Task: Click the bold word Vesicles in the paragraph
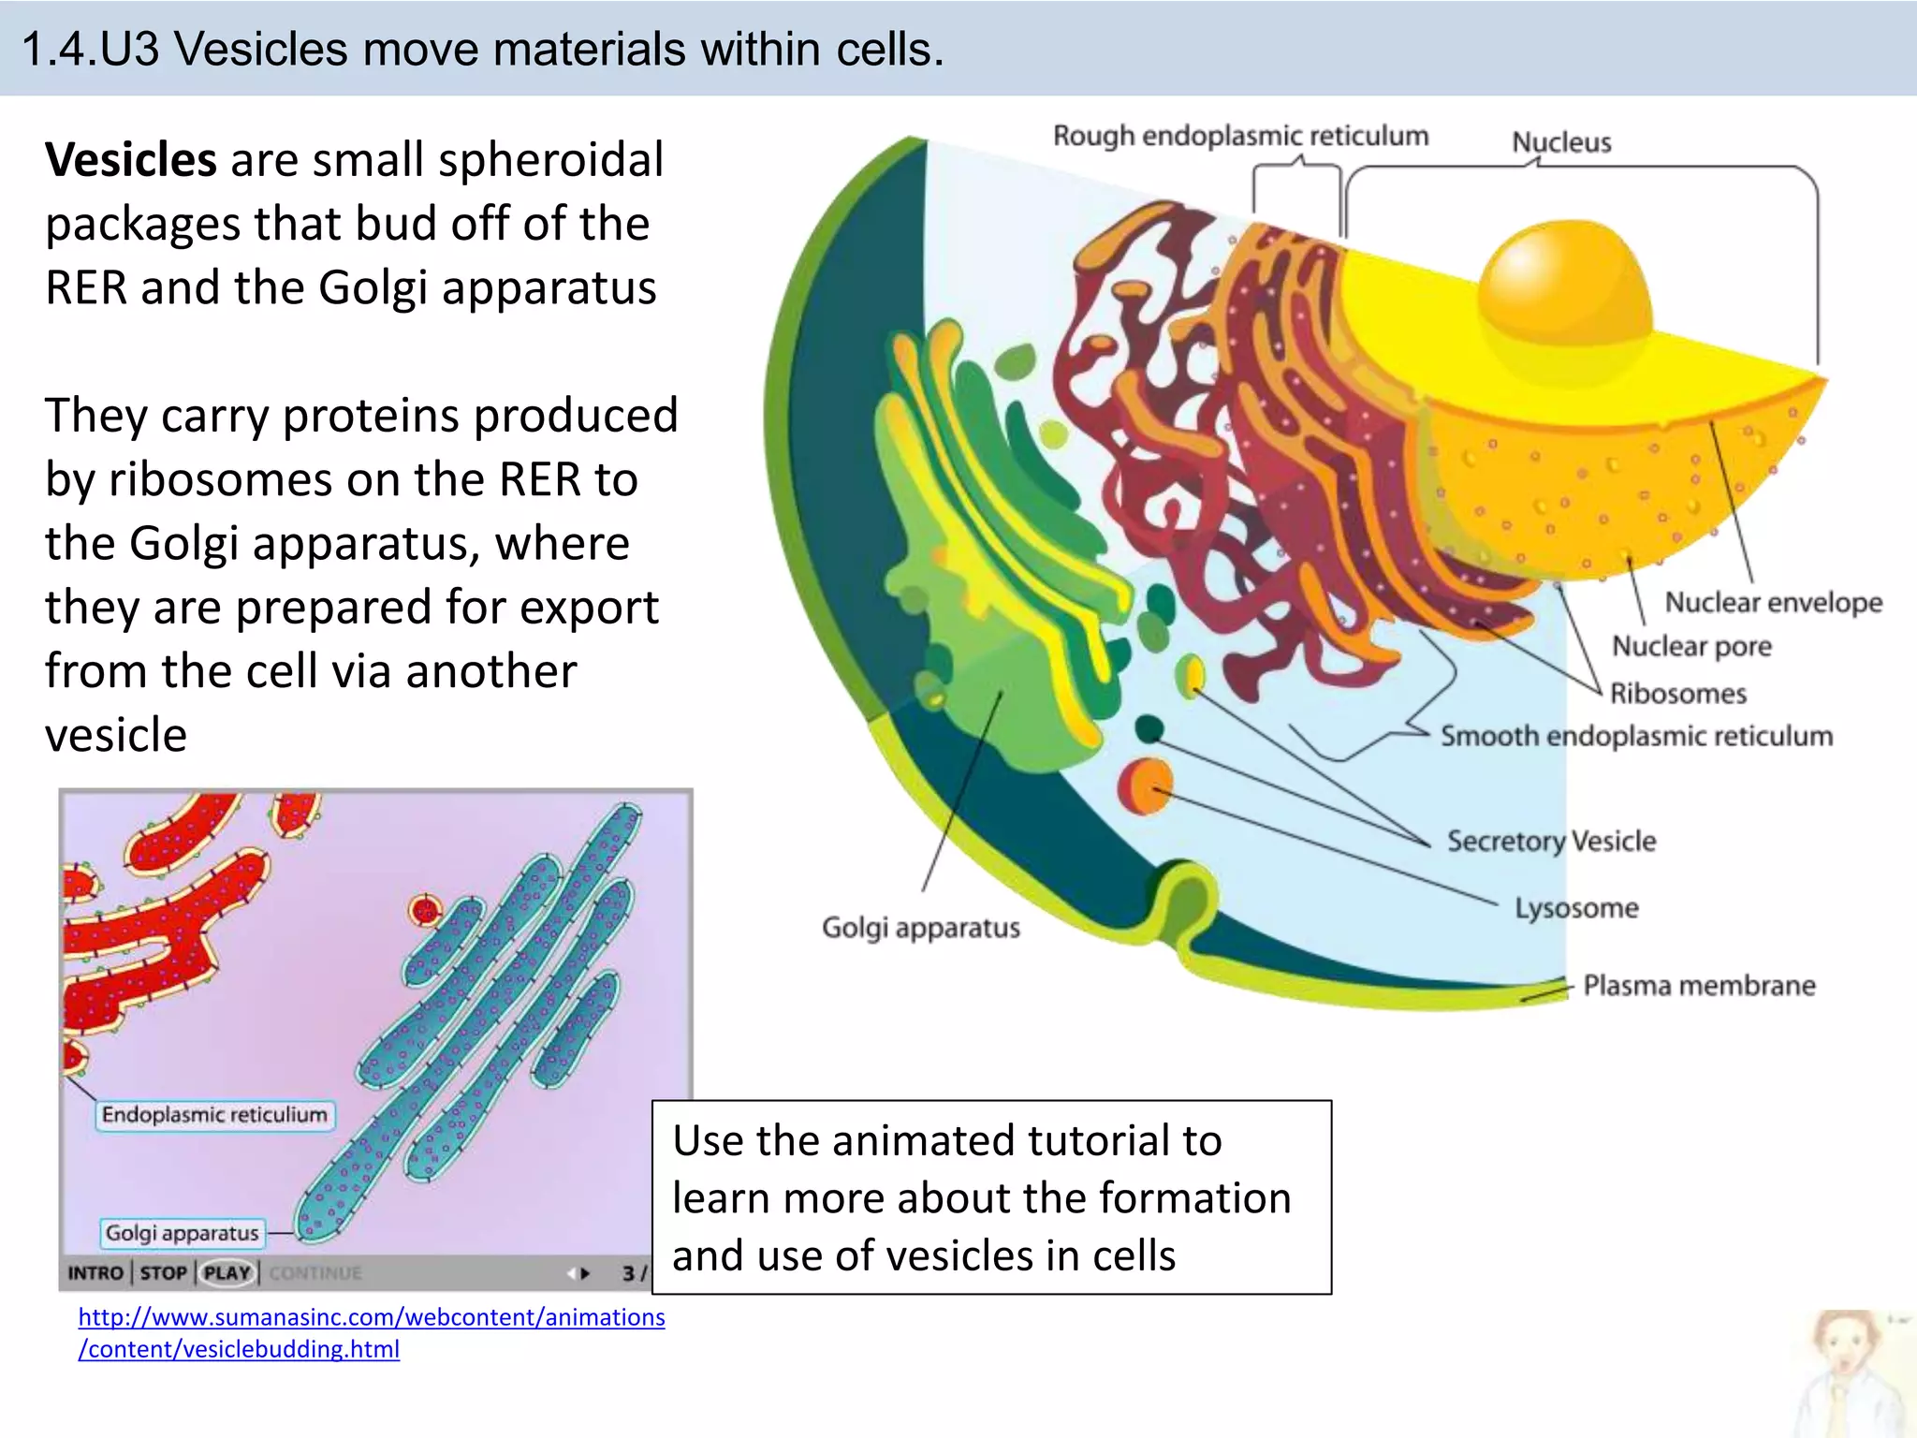click(x=131, y=159)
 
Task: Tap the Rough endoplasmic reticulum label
click(x=1240, y=137)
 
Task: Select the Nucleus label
click(x=1561, y=142)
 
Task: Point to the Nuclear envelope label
click(x=1773, y=602)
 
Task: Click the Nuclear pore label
click(x=1691, y=646)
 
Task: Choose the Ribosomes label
click(x=1678, y=694)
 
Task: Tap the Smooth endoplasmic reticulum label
click(x=1636, y=736)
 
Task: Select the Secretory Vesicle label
click(x=1551, y=841)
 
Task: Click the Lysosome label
click(x=1576, y=908)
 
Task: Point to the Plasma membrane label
click(x=1699, y=986)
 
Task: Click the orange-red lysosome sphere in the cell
click(x=1145, y=785)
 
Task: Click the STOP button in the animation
click(x=163, y=1273)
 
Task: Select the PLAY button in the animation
click(x=227, y=1273)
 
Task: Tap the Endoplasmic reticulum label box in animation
click(x=214, y=1115)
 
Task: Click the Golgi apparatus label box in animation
click(x=182, y=1233)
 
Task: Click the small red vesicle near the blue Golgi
click(x=426, y=909)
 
